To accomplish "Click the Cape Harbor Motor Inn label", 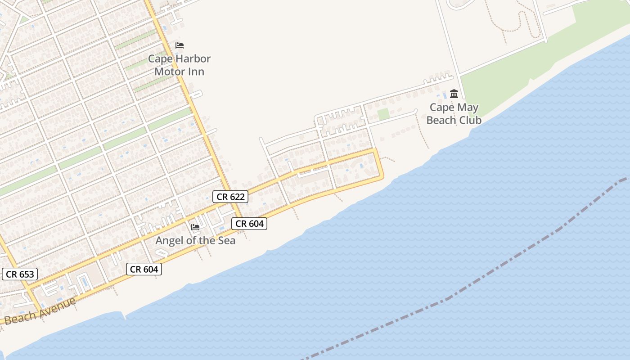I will pyautogui.click(x=180, y=65).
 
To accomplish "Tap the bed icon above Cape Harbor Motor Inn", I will pyautogui.click(x=180, y=45).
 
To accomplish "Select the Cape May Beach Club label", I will pyautogui.click(x=454, y=114).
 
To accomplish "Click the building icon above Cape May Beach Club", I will pyautogui.click(x=454, y=94).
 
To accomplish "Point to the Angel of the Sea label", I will pyautogui.click(x=195, y=241).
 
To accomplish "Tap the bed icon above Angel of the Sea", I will pyautogui.click(x=195, y=227).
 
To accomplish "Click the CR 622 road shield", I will pyautogui.click(x=230, y=196).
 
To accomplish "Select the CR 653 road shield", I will pyautogui.click(x=20, y=274).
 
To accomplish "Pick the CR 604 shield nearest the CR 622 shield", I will pyautogui.click(x=249, y=223).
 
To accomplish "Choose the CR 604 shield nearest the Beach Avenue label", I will pyautogui.click(x=144, y=269).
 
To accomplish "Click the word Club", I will pyautogui.click(x=469, y=120).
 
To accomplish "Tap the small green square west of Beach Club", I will pyautogui.click(x=383, y=114).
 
